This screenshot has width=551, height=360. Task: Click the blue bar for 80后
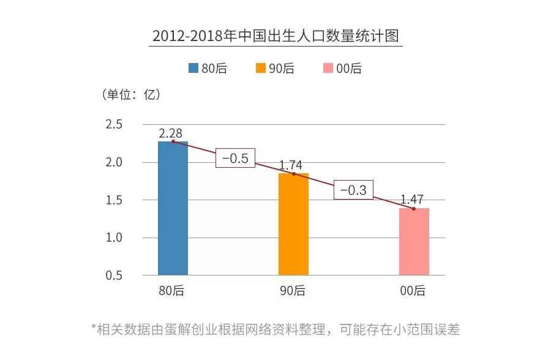coord(173,208)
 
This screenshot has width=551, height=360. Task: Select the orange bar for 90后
coord(293,224)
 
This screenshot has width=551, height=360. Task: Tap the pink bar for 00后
coord(414,242)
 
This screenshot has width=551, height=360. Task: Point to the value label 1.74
coord(291,165)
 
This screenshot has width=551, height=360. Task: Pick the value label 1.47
coord(412,200)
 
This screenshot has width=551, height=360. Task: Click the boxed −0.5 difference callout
coord(235,158)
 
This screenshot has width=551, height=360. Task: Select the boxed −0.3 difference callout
coord(353,190)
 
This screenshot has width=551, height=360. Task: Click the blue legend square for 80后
coord(193,69)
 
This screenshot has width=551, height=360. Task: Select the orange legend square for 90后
coord(260,69)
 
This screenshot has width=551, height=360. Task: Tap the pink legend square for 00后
coord(328,69)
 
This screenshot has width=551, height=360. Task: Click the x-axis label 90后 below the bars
coord(293,291)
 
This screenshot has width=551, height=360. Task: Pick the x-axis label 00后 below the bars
coord(413,291)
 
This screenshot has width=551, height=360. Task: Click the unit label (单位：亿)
coord(129,95)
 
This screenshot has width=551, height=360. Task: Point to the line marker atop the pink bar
coord(414,209)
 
